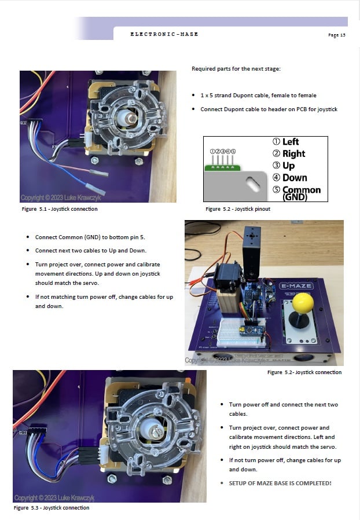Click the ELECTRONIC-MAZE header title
coord(164,34)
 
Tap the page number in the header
coord(336,35)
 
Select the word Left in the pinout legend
coord(291,142)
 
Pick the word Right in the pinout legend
coord(293,153)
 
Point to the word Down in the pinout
coord(295,178)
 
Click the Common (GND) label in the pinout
coord(302,193)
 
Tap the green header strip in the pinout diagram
coord(222,168)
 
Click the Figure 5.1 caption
coord(60,209)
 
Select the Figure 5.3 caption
coord(52,508)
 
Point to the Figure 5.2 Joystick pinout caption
coord(238,209)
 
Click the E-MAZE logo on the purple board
coord(296,286)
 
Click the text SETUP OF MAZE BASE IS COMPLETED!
coord(280,483)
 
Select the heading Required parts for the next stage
coord(236,69)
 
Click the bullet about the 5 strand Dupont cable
coord(258,96)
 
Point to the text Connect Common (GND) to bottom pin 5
coord(90,237)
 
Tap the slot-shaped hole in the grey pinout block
coord(252,184)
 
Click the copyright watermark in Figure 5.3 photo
coord(54,497)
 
